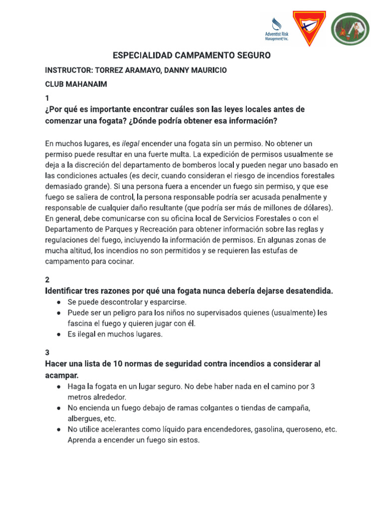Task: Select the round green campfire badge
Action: (351, 29)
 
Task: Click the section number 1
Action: (47, 98)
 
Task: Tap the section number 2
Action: (47, 280)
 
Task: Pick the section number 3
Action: (47, 352)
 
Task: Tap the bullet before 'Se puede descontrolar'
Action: (59, 302)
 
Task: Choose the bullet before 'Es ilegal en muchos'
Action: (59, 334)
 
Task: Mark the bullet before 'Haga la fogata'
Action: (59, 387)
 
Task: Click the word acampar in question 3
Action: (61, 374)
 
